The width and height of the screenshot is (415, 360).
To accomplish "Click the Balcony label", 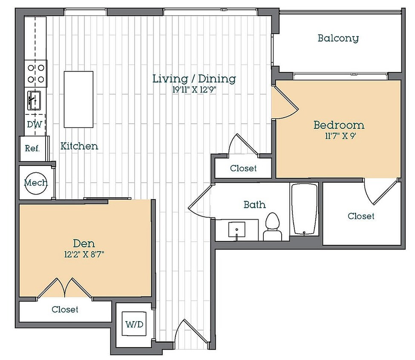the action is (338, 38).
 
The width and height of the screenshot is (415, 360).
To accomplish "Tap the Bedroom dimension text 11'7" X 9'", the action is (340, 136).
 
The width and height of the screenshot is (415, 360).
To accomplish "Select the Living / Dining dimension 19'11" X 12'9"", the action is (195, 90).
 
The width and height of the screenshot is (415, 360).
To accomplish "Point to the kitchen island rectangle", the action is (78, 99).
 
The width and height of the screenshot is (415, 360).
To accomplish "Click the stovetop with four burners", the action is (36, 74).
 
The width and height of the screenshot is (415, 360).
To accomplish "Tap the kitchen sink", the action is (34, 101).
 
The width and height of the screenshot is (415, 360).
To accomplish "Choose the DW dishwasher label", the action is (35, 124).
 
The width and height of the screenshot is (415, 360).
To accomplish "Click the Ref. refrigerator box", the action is (33, 148).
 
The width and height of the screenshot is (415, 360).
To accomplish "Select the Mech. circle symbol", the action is (36, 183).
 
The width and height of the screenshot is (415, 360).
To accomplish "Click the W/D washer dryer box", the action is (134, 324).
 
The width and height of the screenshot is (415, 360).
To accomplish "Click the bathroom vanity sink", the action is (236, 230).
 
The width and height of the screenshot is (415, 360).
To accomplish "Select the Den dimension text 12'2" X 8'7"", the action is (84, 255).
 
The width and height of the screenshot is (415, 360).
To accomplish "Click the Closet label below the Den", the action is (65, 309).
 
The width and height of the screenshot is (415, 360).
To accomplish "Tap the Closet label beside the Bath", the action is (361, 216).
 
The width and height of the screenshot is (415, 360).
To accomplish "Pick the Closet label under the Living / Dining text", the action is (243, 168).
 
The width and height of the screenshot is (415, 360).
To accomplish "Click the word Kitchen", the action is (79, 146).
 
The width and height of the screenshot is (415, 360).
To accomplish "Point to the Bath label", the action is (255, 204).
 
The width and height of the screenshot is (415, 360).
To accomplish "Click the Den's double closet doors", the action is (65, 288).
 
